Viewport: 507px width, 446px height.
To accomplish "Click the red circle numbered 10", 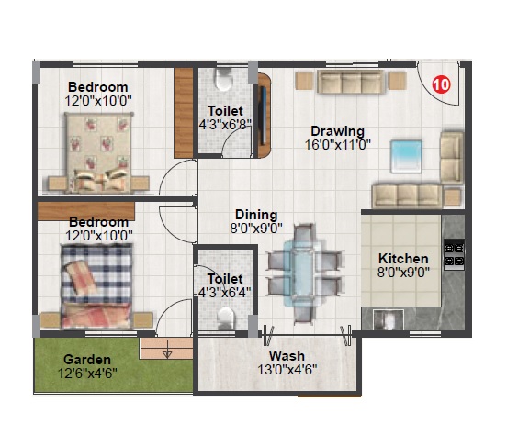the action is (x=441, y=84).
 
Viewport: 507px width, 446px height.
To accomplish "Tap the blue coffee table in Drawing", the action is (x=406, y=156).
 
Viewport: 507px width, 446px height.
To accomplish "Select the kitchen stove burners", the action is (x=454, y=254).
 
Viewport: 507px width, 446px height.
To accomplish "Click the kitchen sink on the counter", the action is (x=389, y=319).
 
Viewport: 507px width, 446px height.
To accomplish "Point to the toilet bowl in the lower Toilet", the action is (x=225, y=318).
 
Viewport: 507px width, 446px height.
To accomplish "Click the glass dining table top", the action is (x=299, y=273).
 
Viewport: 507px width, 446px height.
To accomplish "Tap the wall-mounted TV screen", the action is (x=264, y=116).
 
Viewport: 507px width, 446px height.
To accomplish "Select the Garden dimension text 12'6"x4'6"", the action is (x=87, y=374).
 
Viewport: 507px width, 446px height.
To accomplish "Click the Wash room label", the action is (x=287, y=355).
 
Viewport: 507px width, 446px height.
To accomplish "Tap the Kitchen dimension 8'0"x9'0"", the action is (x=403, y=273).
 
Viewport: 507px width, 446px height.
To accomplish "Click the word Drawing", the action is (x=338, y=131).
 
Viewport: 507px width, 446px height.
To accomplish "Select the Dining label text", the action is (x=256, y=215).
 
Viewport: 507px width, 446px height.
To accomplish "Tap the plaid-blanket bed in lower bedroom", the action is (x=96, y=285).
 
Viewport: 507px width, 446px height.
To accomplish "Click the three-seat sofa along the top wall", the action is (x=351, y=82).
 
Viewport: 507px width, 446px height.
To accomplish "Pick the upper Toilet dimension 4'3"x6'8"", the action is (x=225, y=124).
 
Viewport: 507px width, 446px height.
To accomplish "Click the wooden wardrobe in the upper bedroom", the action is (x=184, y=113).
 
